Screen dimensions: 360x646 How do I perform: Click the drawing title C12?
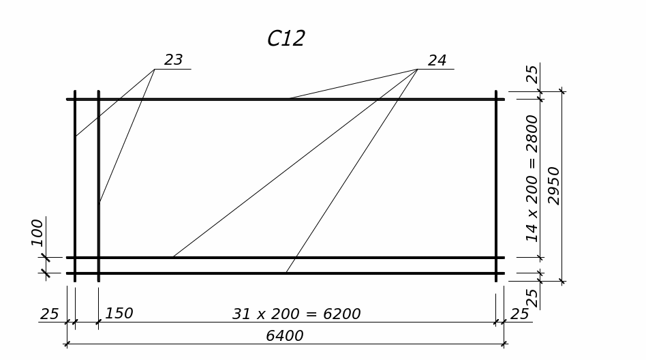(x=286, y=39)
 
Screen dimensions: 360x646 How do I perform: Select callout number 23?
(x=174, y=60)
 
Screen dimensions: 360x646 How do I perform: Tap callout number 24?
(x=437, y=61)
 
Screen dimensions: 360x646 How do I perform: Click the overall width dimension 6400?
(x=284, y=336)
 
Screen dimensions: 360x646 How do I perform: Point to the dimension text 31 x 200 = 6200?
(x=296, y=314)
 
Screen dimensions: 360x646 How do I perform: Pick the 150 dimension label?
(x=119, y=314)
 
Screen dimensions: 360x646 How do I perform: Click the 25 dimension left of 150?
(x=50, y=314)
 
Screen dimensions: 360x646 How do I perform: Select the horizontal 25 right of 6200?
(x=520, y=314)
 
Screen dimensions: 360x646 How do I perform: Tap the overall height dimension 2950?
(x=554, y=185)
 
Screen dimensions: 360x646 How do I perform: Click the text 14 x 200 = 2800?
(x=532, y=179)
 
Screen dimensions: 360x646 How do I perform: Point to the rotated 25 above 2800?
(x=532, y=74)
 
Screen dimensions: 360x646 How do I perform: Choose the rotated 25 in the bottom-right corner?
(x=532, y=297)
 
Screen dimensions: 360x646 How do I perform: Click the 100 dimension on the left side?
(x=37, y=232)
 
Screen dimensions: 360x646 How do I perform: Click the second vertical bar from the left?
(x=99, y=232)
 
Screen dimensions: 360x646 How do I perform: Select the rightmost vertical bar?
(x=496, y=184)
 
